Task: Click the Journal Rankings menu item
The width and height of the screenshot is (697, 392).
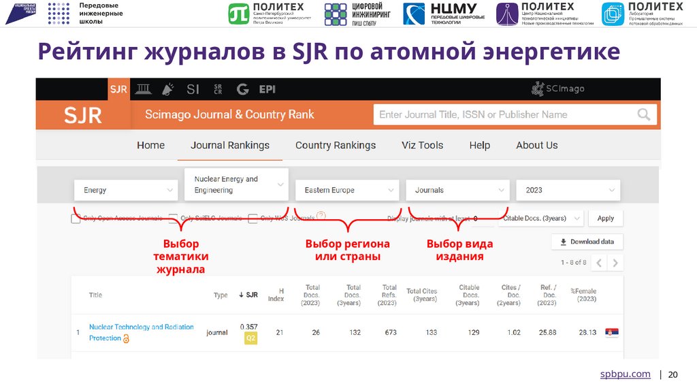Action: pos(230,145)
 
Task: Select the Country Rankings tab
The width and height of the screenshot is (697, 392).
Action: pos(336,145)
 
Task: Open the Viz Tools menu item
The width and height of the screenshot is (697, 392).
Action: pos(422,145)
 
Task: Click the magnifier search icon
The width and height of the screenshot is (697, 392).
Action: pos(643,114)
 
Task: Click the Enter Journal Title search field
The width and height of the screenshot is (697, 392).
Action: pos(504,114)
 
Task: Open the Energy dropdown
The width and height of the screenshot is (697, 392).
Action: pos(126,190)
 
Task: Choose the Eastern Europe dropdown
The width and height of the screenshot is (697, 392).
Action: pos(346,190)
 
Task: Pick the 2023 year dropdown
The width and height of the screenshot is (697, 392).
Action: pos(568,190)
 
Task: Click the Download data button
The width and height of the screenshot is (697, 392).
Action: pos(587,242)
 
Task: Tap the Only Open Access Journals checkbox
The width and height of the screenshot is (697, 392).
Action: pos(76,218)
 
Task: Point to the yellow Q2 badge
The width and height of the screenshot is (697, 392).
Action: pos(250,338)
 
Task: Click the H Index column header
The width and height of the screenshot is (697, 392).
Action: pos(276,294)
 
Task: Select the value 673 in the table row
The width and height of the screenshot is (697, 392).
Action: pos(390,332)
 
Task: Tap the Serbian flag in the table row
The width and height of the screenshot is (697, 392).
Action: pos(612,332)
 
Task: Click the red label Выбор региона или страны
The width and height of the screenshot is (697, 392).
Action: pos(347,250)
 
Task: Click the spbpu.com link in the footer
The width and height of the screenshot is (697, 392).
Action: pos(625,374)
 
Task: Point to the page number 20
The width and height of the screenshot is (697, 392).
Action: pos(673,374)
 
